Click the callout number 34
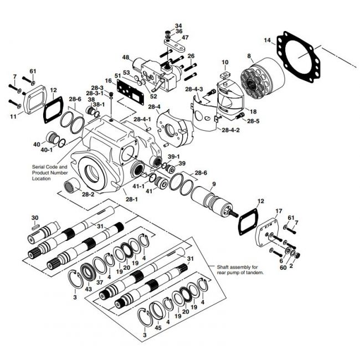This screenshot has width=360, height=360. tap(178, 26)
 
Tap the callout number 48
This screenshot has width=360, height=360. tap(126, 58)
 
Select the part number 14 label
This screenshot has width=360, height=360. tap(267, 40)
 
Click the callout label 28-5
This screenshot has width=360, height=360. tap(253, 121)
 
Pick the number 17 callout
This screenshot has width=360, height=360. tap(279, 211)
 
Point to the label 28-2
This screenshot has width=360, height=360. tap(88, 194)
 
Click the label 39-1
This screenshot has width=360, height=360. tap(174, 156)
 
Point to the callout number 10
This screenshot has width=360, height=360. tap(225, 61)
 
